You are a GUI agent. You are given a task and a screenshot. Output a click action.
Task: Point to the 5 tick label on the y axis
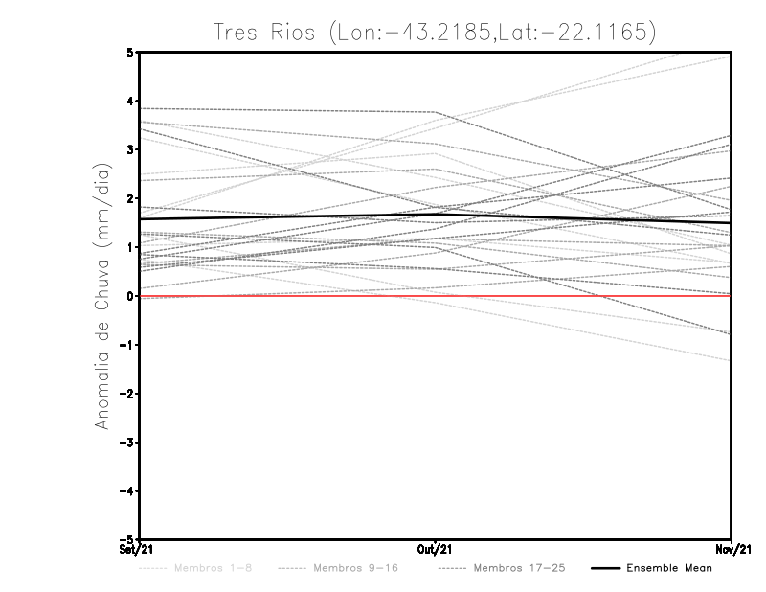[130, 52]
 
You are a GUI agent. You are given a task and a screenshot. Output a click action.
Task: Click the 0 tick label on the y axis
[130, 296]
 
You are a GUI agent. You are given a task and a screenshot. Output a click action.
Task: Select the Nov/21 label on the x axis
[732, 549]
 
